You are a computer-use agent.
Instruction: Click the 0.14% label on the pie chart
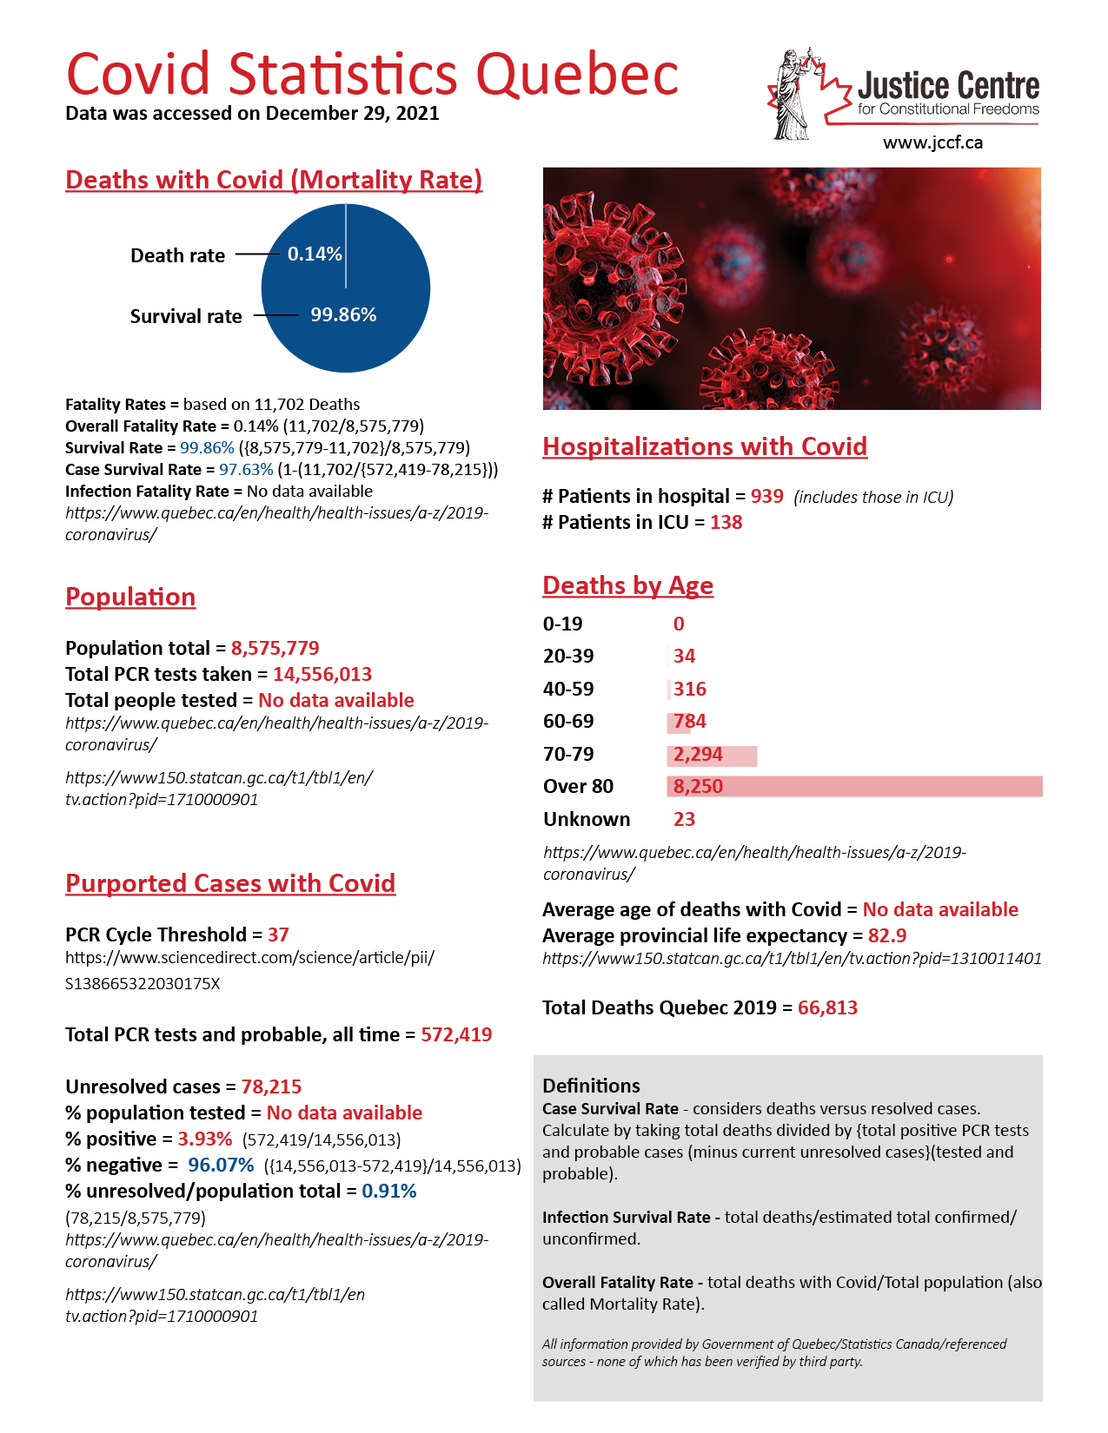point(315,254)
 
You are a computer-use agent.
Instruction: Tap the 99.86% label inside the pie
point(343,314)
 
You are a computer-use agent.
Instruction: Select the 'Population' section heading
point(130,597)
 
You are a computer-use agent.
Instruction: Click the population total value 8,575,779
point(275,648)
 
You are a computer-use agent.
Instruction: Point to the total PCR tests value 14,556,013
point(322,674)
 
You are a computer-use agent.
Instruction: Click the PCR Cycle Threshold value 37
point(278,934)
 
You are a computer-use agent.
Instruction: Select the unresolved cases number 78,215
point(271,1086)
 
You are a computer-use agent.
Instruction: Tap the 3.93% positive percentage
point(205,1139)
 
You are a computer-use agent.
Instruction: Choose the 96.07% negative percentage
point(221,1165)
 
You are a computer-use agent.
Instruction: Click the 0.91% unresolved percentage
point(389,1191)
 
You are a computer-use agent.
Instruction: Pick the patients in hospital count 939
point(767,496)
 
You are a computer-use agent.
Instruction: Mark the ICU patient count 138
point(727,522)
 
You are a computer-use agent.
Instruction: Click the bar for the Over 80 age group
point(854,786)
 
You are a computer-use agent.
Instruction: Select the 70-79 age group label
point(568,754)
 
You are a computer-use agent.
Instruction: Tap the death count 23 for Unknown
point(684,819)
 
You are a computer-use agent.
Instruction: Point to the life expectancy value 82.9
point(887,935)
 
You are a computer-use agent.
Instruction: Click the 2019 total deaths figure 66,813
point(827,1007)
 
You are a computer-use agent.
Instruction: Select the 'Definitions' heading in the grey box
point(591,1086)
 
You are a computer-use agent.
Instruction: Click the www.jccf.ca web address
point(932,142)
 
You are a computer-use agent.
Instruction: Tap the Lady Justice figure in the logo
point(792,96)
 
